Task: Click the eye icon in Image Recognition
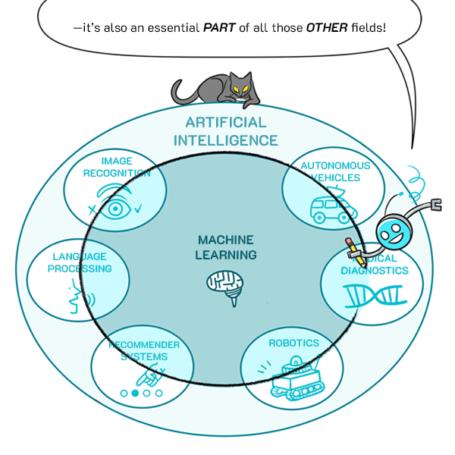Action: coord(116,207)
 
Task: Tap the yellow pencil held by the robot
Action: coord(353,251)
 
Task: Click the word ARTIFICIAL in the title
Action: coord(226,123)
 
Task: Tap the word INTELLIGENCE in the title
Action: coord(226,140)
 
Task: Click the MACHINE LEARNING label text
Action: coord(226,247)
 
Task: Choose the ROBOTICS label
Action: coord(293,343)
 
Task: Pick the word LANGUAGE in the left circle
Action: coord(80,256)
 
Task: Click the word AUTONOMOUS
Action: coord(335,165)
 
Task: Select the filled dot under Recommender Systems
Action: coord(135,393)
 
